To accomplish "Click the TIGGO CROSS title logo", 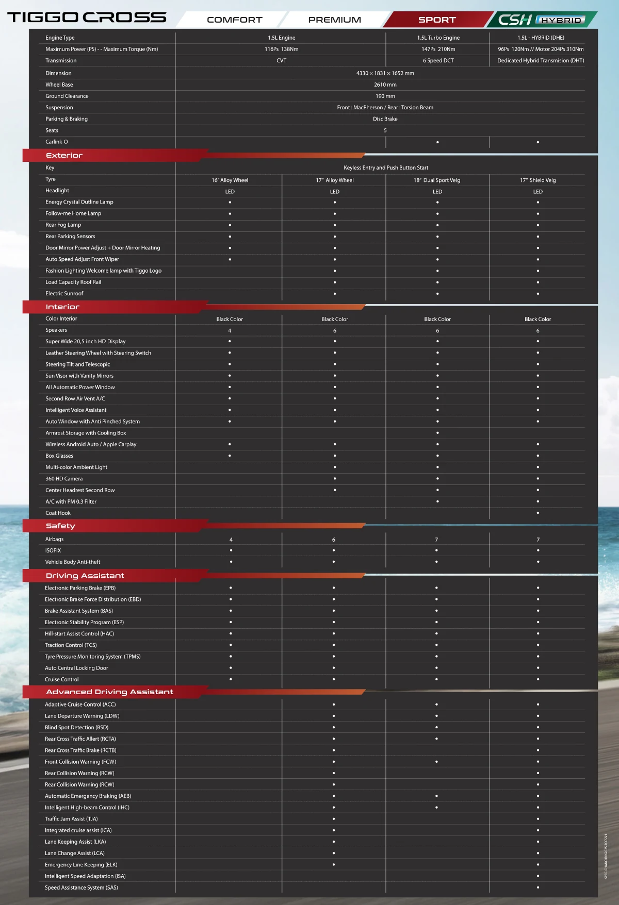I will pos(87,18).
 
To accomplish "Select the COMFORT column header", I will pos(234,20).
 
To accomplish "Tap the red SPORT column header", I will pos(437,20).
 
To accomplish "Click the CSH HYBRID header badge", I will pos(541,20).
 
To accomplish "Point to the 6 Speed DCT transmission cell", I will pos(438,61).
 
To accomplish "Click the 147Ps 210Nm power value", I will pos(438,49).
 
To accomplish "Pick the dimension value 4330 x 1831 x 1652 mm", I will pos(385,73).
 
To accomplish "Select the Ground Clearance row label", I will pos(67,96).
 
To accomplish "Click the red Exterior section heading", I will pos(64,155).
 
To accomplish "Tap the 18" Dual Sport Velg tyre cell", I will pos(436,180).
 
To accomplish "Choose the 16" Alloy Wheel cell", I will pos(230,180).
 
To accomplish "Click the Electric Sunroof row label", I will pos(64,294).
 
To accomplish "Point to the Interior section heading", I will pos(62,307).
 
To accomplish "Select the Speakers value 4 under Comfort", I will pos(230,331).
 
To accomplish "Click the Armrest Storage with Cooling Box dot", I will pos(437,433).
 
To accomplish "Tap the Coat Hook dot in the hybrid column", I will pos(537,513).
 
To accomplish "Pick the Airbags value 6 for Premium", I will pos(333,540).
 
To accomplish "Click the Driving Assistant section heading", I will pos(85,576).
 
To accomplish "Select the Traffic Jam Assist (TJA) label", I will pos(71,819).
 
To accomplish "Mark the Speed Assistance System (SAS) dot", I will pos(537,887).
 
